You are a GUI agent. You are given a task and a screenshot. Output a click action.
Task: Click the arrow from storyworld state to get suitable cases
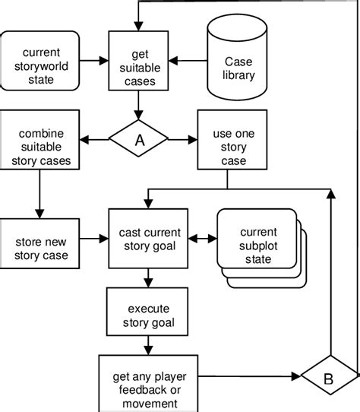94,57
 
